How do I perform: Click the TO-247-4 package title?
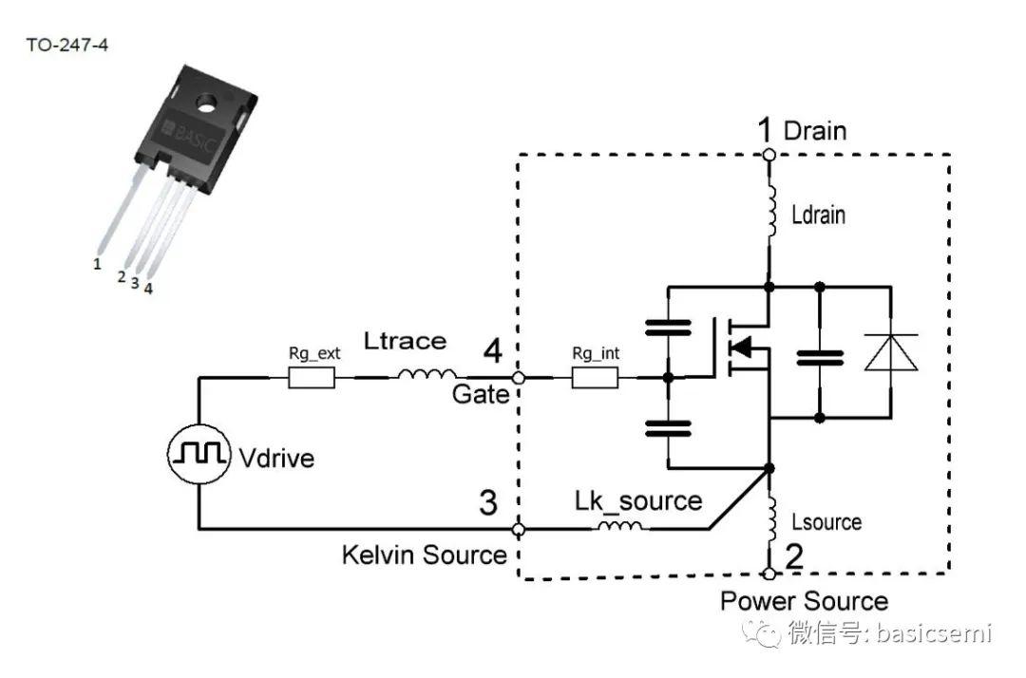(66, 45)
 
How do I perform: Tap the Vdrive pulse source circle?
(199, 455)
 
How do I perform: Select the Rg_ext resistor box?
(312, 378)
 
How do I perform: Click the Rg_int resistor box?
(596, 378)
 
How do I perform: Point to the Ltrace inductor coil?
(427, 376)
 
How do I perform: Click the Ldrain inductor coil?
(769, 215)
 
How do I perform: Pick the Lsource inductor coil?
(769, 519)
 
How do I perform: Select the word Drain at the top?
(814, 131)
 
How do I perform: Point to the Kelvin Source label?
(425, 555)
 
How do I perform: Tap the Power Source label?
(804, 601)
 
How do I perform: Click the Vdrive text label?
(275, 458)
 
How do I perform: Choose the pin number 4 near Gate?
(492, 352)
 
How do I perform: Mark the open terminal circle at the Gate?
(519, 378)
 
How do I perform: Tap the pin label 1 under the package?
(97, 264)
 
